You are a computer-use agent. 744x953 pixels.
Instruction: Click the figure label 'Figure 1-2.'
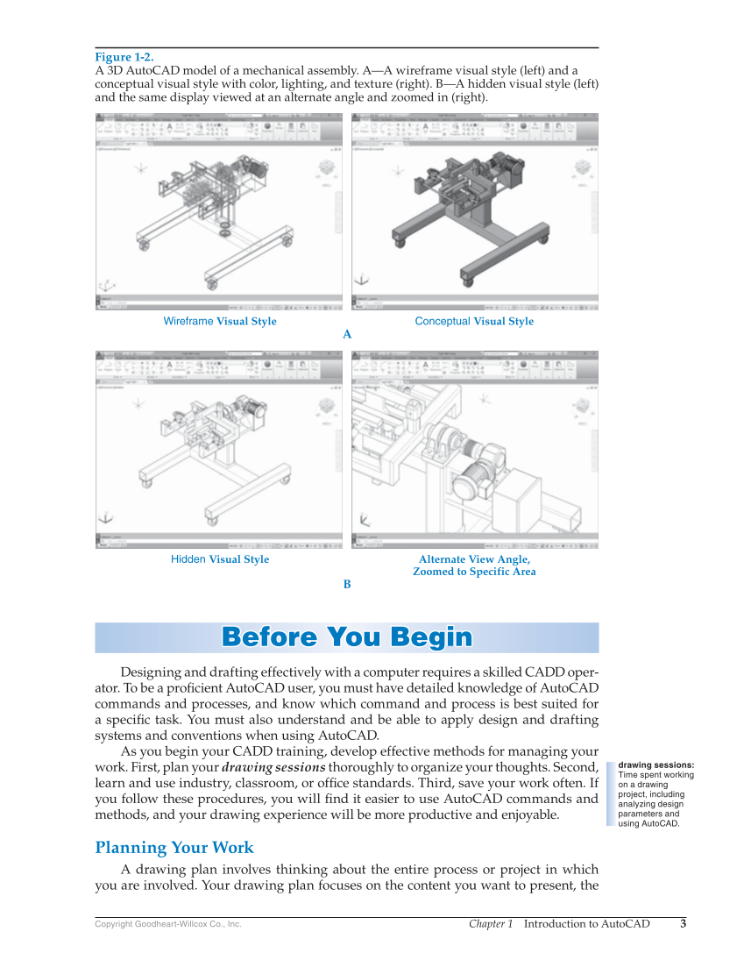click(124, 57)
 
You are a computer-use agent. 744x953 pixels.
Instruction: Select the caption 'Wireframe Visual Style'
click(220, 322)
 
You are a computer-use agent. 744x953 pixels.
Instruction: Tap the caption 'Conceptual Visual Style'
click(474, 322)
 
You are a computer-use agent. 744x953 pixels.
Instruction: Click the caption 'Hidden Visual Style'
click(220, 559)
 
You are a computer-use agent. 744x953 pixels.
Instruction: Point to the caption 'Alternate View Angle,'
click(474, 559)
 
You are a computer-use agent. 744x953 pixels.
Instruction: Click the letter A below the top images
click(347, 335)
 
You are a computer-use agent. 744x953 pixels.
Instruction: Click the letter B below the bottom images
click(347, 584)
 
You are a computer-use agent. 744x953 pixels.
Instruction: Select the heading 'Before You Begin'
click(347, 637)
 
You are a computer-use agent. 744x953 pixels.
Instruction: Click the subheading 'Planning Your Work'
click(174, 848)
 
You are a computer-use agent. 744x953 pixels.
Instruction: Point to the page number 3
click(683, 924)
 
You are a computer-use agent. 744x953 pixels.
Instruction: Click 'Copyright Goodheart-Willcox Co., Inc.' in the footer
click(168, 925)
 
